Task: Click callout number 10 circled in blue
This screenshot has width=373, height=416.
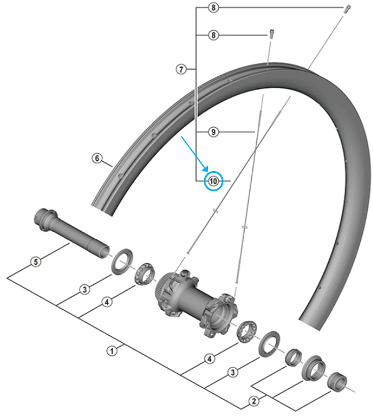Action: tap(214, 181)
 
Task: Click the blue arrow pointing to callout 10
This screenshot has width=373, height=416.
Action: tap(195, 153)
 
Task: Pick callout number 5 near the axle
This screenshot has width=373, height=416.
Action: tap(36, 262)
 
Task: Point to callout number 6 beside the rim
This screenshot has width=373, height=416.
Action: tap(97, 158)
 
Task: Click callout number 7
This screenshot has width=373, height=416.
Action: tap(181, 69)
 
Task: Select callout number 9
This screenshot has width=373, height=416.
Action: tap(213, 132)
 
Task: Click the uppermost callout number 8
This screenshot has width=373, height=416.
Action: tap(214, 8)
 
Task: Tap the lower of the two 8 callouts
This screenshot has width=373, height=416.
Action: tap(214, 36)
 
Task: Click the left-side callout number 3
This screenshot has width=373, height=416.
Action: tap(85, 289)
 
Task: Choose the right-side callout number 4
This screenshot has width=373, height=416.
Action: tap(210, 358)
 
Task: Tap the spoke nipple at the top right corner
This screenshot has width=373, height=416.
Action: tap(348, 9)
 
